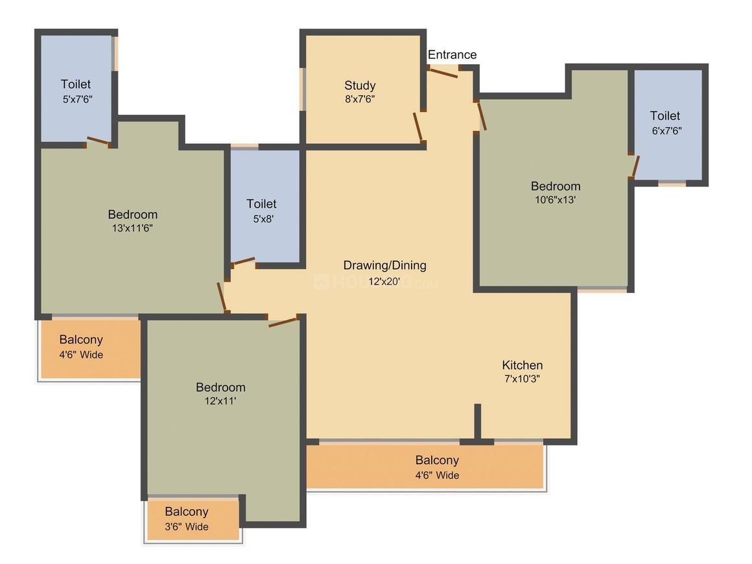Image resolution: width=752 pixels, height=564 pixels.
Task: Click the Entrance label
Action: [452, 55]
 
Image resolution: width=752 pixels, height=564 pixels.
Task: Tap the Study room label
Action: [360, 86]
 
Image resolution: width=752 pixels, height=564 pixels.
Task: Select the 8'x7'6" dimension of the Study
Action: [360, 99]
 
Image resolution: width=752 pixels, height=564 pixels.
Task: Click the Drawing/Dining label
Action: [384, 265]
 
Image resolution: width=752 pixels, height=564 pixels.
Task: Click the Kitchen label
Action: [523, 365]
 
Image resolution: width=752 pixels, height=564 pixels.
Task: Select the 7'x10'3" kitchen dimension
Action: [523, 379]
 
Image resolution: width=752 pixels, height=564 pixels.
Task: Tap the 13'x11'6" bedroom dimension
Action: [132, 228]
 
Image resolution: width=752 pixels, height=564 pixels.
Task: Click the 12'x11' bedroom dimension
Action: [220, 401]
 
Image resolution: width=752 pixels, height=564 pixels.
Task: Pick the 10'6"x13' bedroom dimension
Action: [556, 200]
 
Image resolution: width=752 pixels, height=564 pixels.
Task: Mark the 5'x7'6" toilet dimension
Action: [76, 99]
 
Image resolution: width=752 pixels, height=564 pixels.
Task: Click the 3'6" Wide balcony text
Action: [186, 526]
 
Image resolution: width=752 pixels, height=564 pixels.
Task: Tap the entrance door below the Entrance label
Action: [444, 71]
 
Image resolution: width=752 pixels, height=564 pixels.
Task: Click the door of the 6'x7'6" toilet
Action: [635, 166]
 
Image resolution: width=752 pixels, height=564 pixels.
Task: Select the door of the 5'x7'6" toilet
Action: [99, 141]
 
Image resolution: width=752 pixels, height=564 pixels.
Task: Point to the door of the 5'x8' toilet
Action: [244, 261]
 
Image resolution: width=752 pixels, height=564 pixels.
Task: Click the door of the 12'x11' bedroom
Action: [283, 321]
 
